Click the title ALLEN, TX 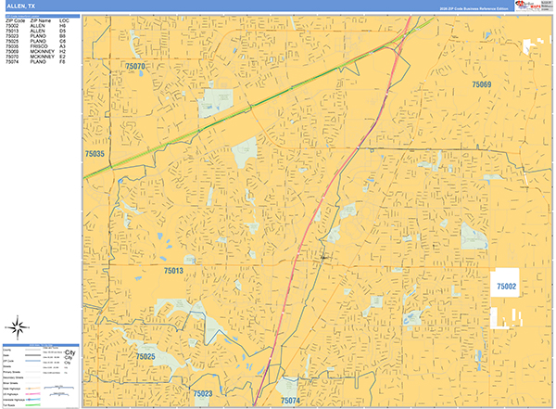[x=20, y=6]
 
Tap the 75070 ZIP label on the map [x=135, y=67]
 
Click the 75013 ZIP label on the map [x=175, y=271]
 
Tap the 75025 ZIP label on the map [x=145, y=356]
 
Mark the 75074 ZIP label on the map [x=291, y=401]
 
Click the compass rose [x=18, y=326]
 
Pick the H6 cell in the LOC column [x=64, y=26]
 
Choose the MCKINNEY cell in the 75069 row [x=41, y=52]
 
